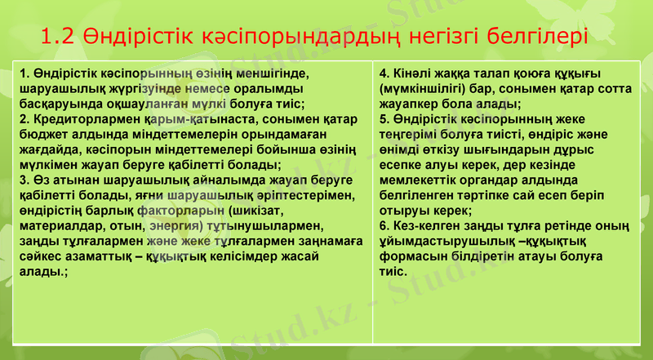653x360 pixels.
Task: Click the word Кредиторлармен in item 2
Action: tap(77, 120)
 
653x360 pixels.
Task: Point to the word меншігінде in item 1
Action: tap(278, 73)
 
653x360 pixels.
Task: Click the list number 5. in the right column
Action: tap(385, 120)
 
